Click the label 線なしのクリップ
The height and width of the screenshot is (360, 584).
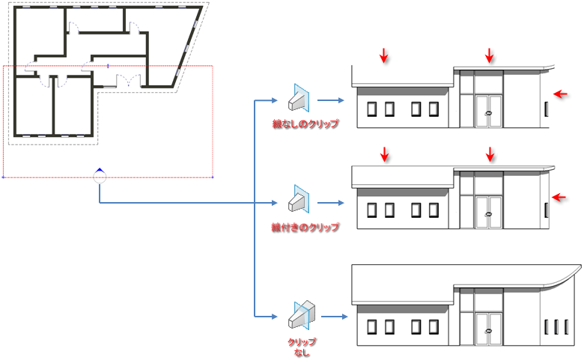[305, 124]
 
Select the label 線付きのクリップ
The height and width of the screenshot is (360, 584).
[305, 227]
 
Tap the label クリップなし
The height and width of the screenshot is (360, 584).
[302, 346]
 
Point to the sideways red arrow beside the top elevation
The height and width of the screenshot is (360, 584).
[560, 93]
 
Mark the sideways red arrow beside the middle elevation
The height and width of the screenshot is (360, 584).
[560, 197]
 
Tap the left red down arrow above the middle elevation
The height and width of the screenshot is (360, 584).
[384, 154]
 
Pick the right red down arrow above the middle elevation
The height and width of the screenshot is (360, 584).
[490, 154]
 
